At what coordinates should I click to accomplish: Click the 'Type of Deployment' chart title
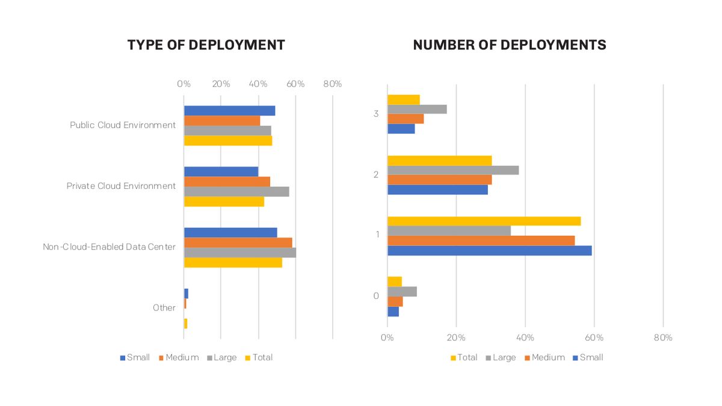point(206,45)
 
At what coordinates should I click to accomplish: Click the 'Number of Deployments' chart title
point(509,45)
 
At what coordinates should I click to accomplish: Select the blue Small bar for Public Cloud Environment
point(229,111)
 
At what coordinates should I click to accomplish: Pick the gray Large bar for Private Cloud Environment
point(236,191)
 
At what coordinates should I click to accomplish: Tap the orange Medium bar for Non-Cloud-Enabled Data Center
point(238,242)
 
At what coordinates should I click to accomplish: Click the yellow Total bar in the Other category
point(186,324)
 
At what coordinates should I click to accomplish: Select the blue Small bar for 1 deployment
point(489,251)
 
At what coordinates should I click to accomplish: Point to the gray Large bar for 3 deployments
point(417,109)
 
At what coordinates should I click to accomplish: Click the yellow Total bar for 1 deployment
point(484,221)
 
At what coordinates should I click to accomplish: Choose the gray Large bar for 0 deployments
point(402,292)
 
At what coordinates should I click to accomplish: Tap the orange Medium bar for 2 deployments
point(439,180)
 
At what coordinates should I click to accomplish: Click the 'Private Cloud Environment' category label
point(121,186)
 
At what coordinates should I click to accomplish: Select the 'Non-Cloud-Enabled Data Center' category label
point(109,247)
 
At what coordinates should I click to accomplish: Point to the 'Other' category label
point(164,308)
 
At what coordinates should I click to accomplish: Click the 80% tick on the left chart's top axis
point(332,84)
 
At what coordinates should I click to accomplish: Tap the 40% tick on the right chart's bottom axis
point(525,338)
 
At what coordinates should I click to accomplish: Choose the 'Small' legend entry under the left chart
point(135,357)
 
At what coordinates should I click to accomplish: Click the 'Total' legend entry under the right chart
point(463,357)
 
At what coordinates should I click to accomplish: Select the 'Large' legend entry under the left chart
point(221,357)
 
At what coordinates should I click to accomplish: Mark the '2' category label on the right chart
point(376,175)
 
